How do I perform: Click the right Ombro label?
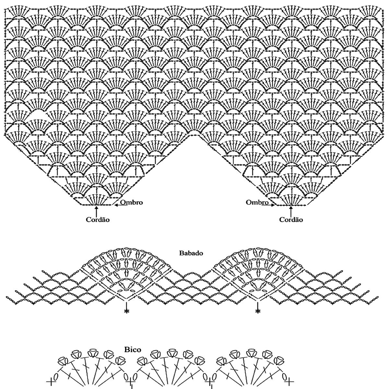[257, 202]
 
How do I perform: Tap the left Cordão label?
[98, 219]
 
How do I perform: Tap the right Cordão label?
[291, 219]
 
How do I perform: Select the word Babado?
[191, 253]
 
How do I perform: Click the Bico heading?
[133, 349]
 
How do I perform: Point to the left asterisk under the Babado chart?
[126, 312]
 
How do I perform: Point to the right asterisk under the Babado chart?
[258, 312]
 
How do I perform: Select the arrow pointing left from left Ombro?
[117, 205]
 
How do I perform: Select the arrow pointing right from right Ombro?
[272, 205]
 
